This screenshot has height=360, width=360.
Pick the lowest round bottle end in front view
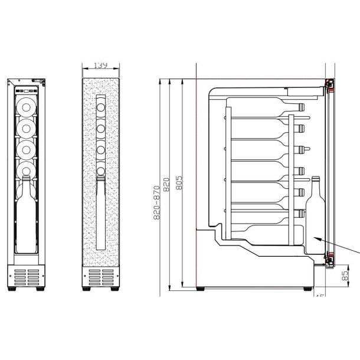(26, 170)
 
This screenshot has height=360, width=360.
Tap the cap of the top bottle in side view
(302, 108)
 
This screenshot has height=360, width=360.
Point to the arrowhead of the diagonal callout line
(315, 237)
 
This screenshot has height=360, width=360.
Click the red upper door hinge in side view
(332, 87)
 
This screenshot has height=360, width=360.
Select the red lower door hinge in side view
(332, 257)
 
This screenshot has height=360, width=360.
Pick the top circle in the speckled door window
(102, 108)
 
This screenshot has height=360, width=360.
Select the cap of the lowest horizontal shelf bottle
(302, 211)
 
